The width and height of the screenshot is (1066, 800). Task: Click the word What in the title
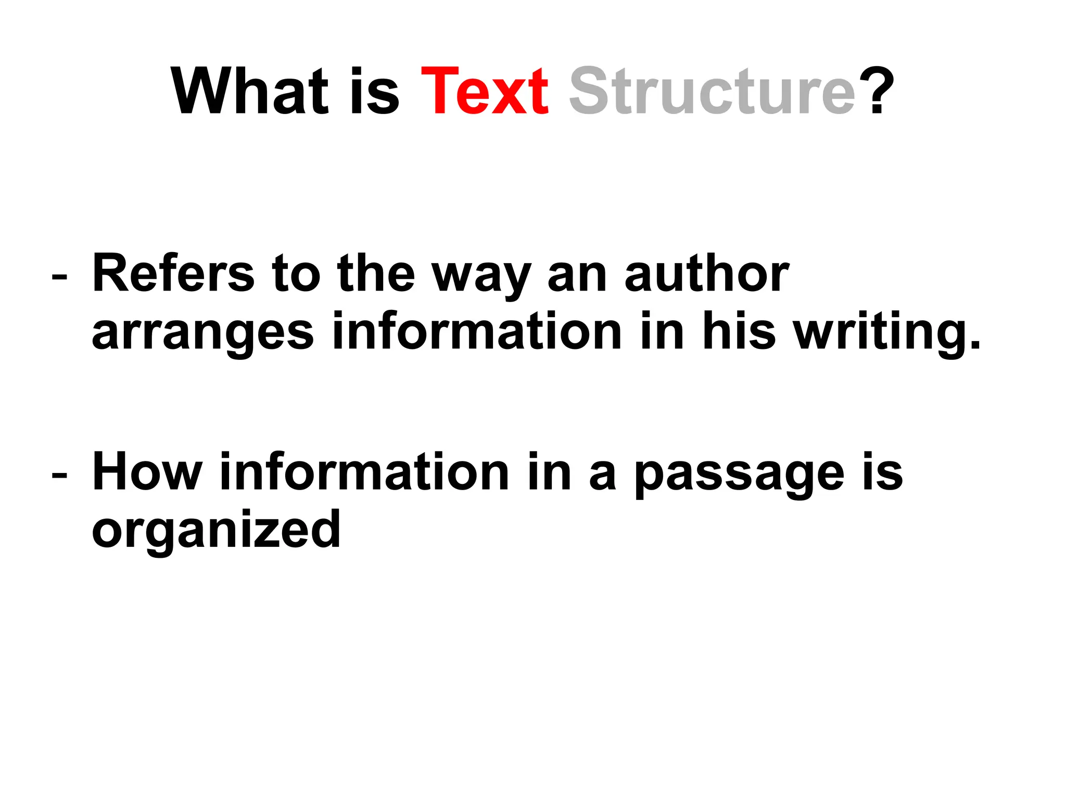click(250, 92)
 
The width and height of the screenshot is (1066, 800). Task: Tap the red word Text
click(485, 92)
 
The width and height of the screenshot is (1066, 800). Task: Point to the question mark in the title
click(877, 92)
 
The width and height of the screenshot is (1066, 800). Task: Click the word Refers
click(173, 273)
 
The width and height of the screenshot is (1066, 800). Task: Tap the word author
click(707, 273)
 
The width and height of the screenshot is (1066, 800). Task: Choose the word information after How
click(364, 472)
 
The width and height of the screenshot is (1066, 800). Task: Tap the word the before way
click(376, 273)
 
